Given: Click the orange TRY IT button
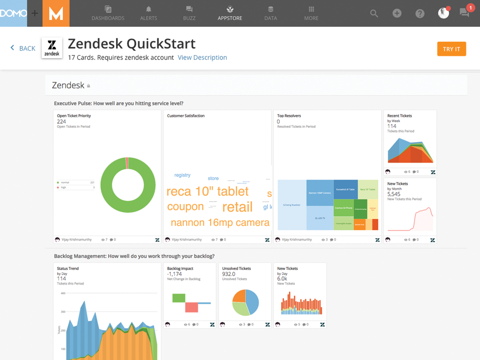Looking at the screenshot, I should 451,49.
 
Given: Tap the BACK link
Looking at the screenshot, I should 23,48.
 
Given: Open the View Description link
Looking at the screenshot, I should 202,58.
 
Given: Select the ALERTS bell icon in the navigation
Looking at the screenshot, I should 149,9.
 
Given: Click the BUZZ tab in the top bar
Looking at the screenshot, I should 189,13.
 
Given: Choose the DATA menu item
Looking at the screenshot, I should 270,13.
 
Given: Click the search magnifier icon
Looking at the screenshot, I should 374,13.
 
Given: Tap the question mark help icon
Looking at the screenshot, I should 420,13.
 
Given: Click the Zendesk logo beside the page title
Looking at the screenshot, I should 52,48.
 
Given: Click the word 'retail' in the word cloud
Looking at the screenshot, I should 237,207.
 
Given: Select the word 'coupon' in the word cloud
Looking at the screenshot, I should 185,206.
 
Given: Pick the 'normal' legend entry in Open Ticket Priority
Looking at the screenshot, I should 65,182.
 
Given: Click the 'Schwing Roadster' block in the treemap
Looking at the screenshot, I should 292,205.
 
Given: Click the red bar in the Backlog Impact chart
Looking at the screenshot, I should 191,307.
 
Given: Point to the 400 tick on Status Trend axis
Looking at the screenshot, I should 63,293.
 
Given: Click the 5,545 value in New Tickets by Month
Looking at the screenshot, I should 394,194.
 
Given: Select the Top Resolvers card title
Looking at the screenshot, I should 289,116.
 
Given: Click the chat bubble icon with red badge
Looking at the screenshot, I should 465,13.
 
